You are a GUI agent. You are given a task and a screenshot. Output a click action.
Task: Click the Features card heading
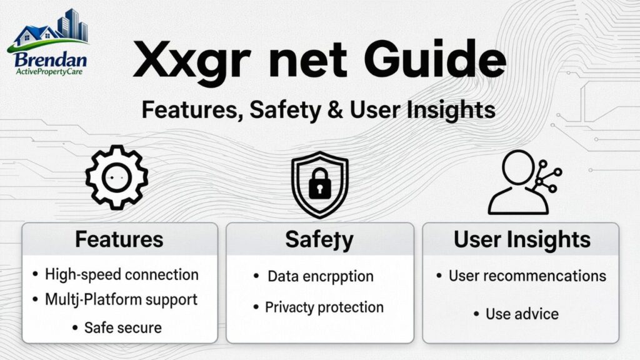[119, 239]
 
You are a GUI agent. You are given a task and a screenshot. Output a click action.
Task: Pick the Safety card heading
[319, 239]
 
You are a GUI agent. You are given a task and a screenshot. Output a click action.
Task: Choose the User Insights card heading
[522, 239]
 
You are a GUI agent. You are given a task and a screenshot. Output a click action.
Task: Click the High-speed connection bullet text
[122, 274]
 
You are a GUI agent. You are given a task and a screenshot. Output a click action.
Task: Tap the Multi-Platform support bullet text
[121, 299]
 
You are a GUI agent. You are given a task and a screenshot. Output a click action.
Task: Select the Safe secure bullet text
[123, 327]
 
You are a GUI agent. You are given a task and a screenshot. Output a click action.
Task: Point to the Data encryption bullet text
[320, 276]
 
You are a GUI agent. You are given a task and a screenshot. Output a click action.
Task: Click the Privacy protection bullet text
[324, 307]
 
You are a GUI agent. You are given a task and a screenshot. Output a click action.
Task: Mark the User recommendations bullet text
[527, 276]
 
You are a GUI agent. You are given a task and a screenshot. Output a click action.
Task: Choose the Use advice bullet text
[522, 314]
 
